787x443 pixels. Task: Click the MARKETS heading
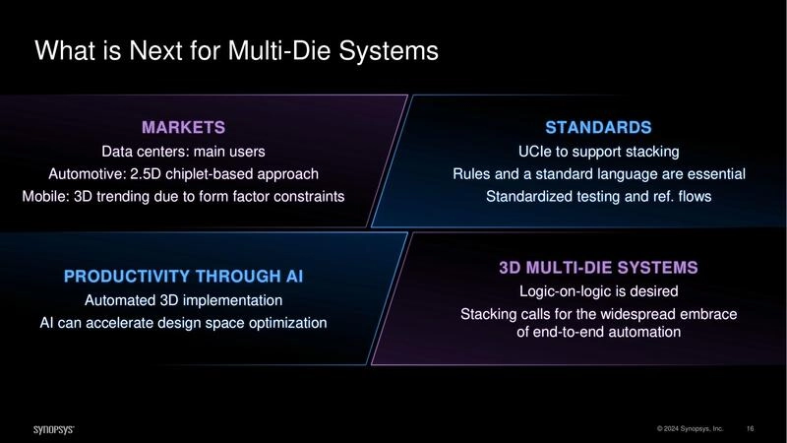tap(184, 127)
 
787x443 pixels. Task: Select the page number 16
tap(751, 429)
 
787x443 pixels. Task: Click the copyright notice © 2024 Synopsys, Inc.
tap(691, 429)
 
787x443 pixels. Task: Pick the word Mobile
tap(44, 196)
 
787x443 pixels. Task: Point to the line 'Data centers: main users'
tap(184, 153)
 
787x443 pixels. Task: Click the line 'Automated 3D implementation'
tap(184, 299)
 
